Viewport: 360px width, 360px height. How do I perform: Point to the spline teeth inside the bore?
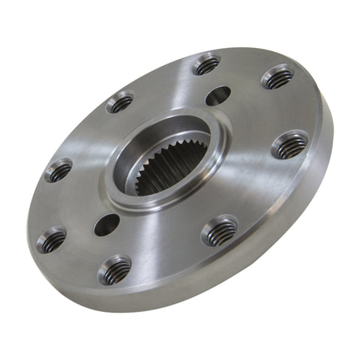[x=161, y=177]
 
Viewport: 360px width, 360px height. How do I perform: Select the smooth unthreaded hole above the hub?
[x=218, y=95]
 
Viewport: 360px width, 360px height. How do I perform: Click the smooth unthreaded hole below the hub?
[x=106, y=223]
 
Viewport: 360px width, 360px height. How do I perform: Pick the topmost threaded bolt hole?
[x=206, y=64]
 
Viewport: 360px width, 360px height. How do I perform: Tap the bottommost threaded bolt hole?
[x=114, y=268]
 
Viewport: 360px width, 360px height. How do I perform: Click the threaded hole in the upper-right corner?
[x=277, y=76]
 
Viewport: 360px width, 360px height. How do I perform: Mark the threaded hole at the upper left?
[x=120, y=102]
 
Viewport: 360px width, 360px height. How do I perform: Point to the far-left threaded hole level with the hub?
[x=58, y=171]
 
